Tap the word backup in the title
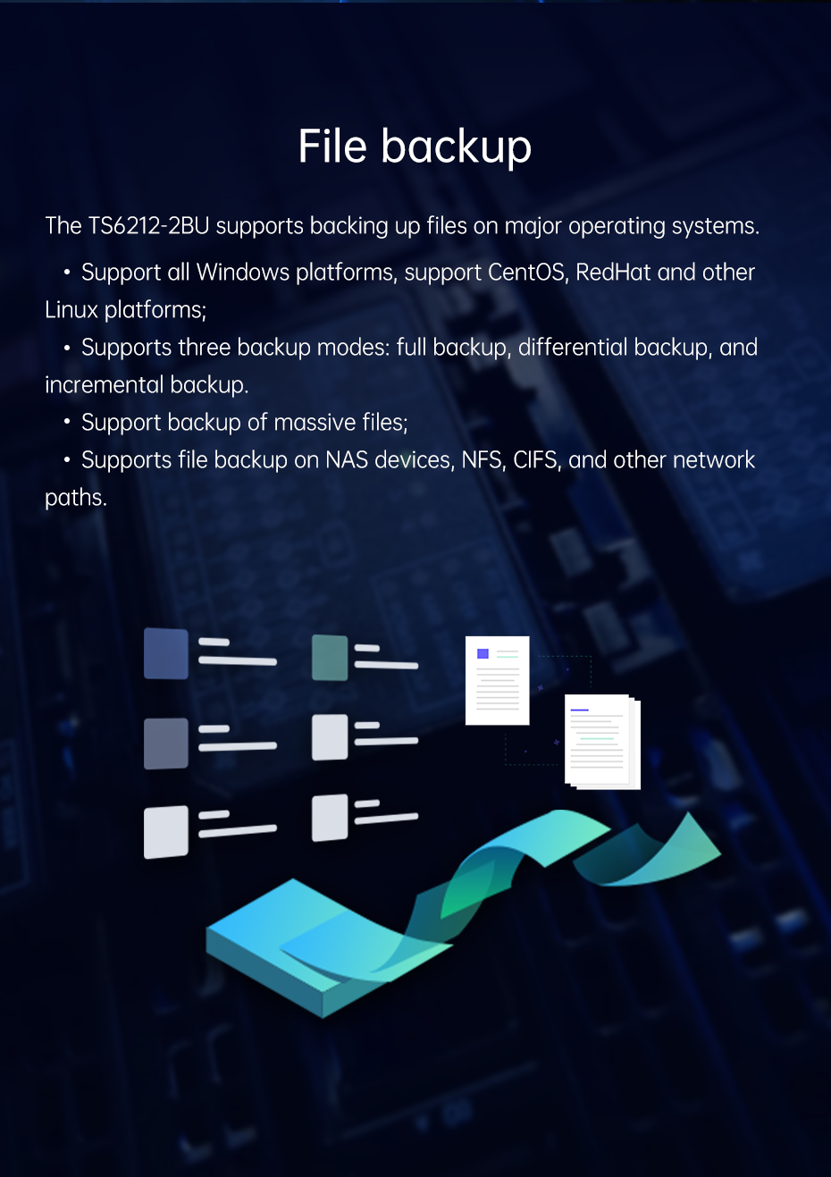click(457, 147)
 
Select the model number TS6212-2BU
click(148, 226)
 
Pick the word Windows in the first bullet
click(243, 273)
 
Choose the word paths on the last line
click(76, 498)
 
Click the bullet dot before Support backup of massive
click(67, 422)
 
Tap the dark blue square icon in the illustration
click(166, 653)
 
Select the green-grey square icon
click(330, 658)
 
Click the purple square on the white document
click(483, 653)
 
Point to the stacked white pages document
click(602, 742)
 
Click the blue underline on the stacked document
click(579, 710)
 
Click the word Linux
click(71, 310)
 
